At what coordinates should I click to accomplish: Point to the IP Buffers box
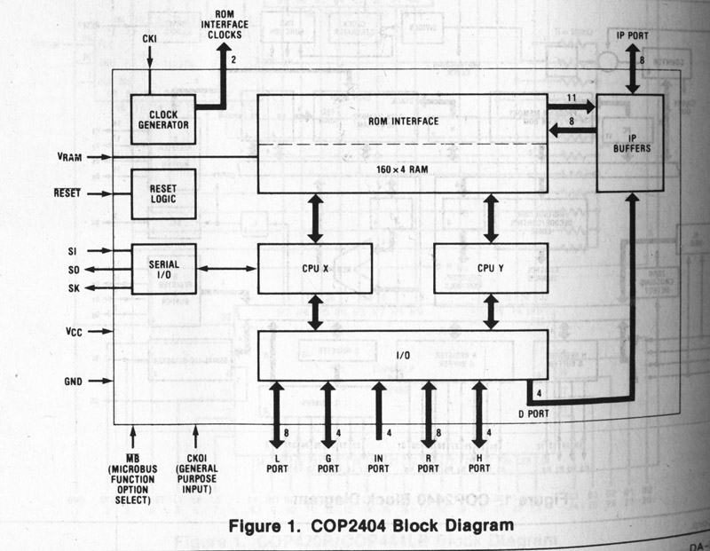631,143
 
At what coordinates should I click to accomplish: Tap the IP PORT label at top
633,35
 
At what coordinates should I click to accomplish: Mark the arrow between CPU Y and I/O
489,311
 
